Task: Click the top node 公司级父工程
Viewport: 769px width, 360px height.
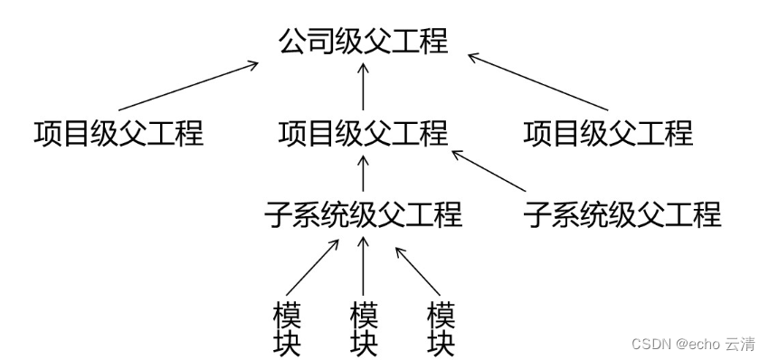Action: pyautogui.click(x=363, y=42)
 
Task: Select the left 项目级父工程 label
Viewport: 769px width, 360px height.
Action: pyautogui.click(x=118, y=133)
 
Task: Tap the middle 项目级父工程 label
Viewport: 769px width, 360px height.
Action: pyautogui.click(x=363, y=133)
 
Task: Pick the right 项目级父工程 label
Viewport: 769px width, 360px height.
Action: pyautogui.click(x=608, y=133)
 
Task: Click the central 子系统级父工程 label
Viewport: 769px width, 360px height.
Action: pyautogui.click(x=363, y=214)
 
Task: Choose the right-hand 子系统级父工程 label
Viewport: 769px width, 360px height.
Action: pyautogui.click(x=622, y=214)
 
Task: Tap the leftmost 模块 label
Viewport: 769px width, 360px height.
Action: pyautogui.click(x=286, y=330)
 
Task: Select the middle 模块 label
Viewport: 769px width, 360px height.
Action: pyautogui.click(x=363, y=330)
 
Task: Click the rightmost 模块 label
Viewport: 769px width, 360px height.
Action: pyautogui.click(x=441, y=330)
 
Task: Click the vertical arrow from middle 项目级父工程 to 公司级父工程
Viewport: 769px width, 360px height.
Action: pyautogui.click(x=363, y=87)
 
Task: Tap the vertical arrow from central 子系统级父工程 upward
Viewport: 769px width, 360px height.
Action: pyautogui.click(x=363, y=173)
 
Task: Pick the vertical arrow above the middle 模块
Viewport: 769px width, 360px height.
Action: pyautogui.click(x=363, y=264)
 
